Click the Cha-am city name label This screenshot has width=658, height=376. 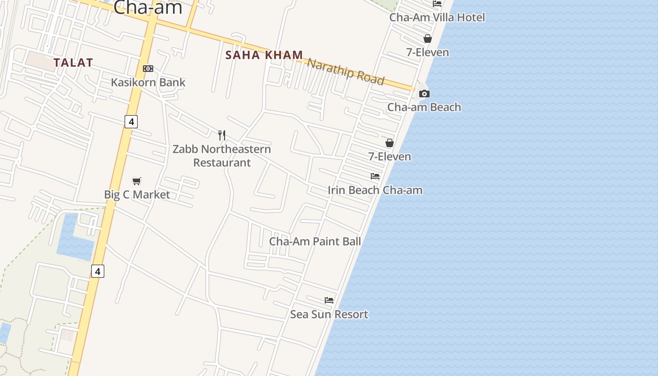[x=148, y=8]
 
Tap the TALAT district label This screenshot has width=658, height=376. [x=73, y=63]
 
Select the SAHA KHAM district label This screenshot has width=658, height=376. [x=264, y=55]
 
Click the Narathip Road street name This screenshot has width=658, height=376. [x=345, y=71]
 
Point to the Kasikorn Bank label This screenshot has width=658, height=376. [x=148, y=82]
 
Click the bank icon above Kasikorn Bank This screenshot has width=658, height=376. [x=148, y=69]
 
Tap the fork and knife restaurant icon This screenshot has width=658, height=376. [x=222, y=135]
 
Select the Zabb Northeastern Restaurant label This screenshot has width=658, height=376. [x=222, y=156]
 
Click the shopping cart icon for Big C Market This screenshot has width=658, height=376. [x=137, y=181]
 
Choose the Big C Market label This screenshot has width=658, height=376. [x=137, y=195]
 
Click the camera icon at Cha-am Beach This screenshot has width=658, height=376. [x=424, y=94]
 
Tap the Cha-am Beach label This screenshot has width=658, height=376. [x=424, y=107]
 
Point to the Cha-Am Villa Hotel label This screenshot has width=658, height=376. [x=437, y=17]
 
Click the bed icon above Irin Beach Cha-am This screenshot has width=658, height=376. [x=375, y=176]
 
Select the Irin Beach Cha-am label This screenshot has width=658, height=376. [x=375, y=190]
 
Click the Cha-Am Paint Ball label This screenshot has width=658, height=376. [x=315, y=242]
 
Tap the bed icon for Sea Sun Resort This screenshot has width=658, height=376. [x=329, y=300]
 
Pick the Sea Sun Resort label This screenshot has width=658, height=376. [x=329, y=314]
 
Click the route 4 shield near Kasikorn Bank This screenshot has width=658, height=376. [x=131, y=122]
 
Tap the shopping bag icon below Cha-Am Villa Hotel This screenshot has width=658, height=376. [x=428, y=39]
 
